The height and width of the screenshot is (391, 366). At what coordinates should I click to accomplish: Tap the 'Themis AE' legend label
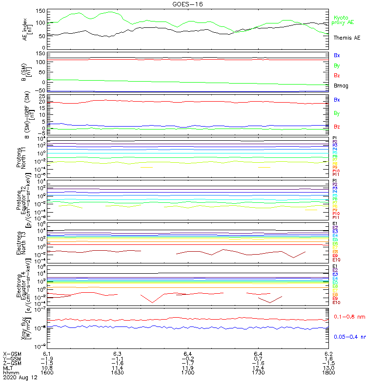point(347,38)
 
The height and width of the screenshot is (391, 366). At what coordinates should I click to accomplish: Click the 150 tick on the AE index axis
point(41,11)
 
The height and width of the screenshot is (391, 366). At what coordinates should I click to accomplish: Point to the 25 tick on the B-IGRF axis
point(41,96)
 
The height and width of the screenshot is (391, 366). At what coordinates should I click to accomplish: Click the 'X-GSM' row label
point(12,353)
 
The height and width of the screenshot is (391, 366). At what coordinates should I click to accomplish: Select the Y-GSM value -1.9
point(47,358)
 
